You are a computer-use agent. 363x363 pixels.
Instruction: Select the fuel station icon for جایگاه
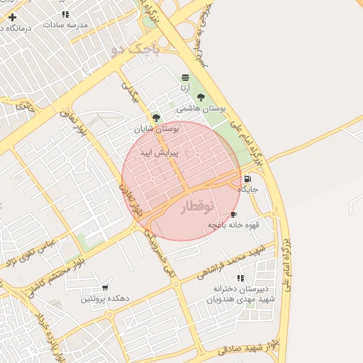[247, 179]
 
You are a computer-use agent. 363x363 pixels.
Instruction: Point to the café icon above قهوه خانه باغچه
[233, 214]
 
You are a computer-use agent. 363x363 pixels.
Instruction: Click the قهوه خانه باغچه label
[233, 225]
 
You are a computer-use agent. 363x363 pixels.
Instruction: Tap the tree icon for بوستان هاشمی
[201, 98]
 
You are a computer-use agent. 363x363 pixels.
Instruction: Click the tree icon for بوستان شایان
[156, 118]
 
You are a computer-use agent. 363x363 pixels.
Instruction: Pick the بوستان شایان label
[157, 129]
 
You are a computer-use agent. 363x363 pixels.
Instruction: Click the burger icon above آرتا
[185, 77]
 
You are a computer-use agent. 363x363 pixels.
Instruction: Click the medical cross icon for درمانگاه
[12, 17]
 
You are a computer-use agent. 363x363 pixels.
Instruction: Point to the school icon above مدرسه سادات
[65, 14]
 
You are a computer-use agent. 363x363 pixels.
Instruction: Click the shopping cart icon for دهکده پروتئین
[105, 288]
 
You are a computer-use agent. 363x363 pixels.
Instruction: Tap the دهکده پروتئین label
[104, 298]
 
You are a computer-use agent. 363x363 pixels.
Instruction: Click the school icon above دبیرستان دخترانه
[240, 278]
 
